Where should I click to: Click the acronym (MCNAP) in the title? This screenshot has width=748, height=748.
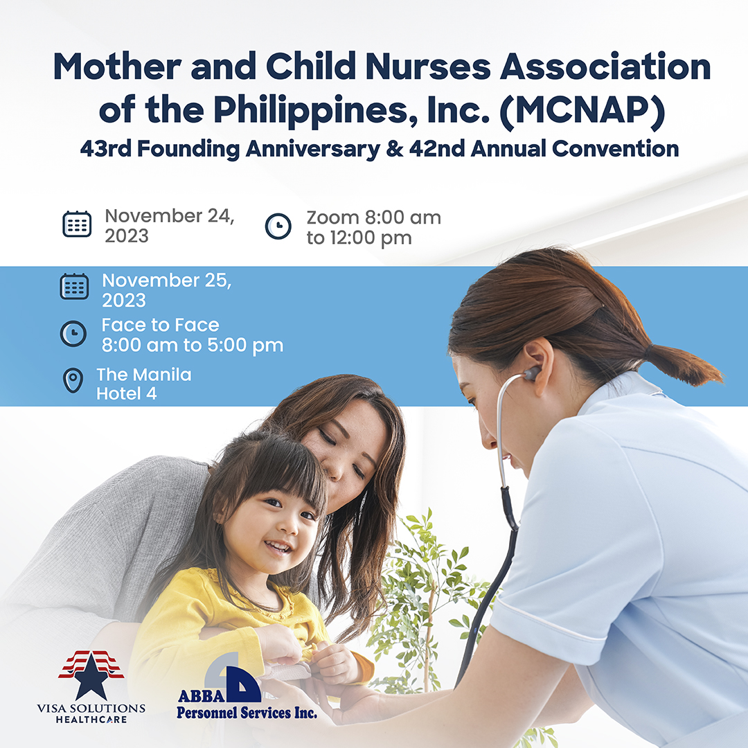pyautogui.click(x=582, y=111)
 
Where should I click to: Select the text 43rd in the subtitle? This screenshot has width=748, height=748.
pyautogui.click(x=106, y=148)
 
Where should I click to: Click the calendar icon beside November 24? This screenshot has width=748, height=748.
pyautogui.click(x=77, y=224)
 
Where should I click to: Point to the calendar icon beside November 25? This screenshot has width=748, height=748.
pyautogui.click(x=74, y=286)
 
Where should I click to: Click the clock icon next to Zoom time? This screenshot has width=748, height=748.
pyautogui.click(x=278, y=226)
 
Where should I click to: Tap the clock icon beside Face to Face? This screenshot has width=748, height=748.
pyautogui.click(x=73, y=333)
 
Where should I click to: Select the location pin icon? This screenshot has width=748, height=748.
pyautogui.click(x=73, y=380)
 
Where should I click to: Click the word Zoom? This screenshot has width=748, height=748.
pyautogui.click(x=332, y=217)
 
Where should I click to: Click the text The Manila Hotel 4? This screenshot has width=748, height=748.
pyautogui.click(x=143, y=384)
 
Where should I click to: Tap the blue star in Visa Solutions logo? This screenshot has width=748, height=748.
pyautogui.click(x=91, y=677)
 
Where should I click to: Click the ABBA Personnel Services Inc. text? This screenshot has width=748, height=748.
pyautogui.click(x=247, y=704)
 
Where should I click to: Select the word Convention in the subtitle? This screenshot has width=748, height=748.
pyautogui.click(x=616, y=148)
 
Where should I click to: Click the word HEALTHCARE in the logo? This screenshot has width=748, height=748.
pyautogui.click(x=91, y=720)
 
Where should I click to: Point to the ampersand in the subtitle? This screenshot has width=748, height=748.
pyautogui.click(x=395, y=148)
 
